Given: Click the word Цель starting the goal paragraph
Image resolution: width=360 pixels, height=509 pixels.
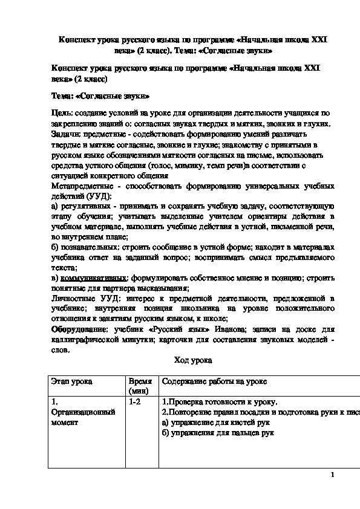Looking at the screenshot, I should [62, 112].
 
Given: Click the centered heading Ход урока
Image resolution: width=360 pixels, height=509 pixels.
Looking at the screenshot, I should [192, 360].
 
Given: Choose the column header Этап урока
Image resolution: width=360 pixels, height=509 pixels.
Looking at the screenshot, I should [72, 383].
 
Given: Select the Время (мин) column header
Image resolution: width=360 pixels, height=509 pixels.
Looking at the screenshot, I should [139, 387].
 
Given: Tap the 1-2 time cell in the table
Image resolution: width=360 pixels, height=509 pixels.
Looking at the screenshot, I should [134, 402].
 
